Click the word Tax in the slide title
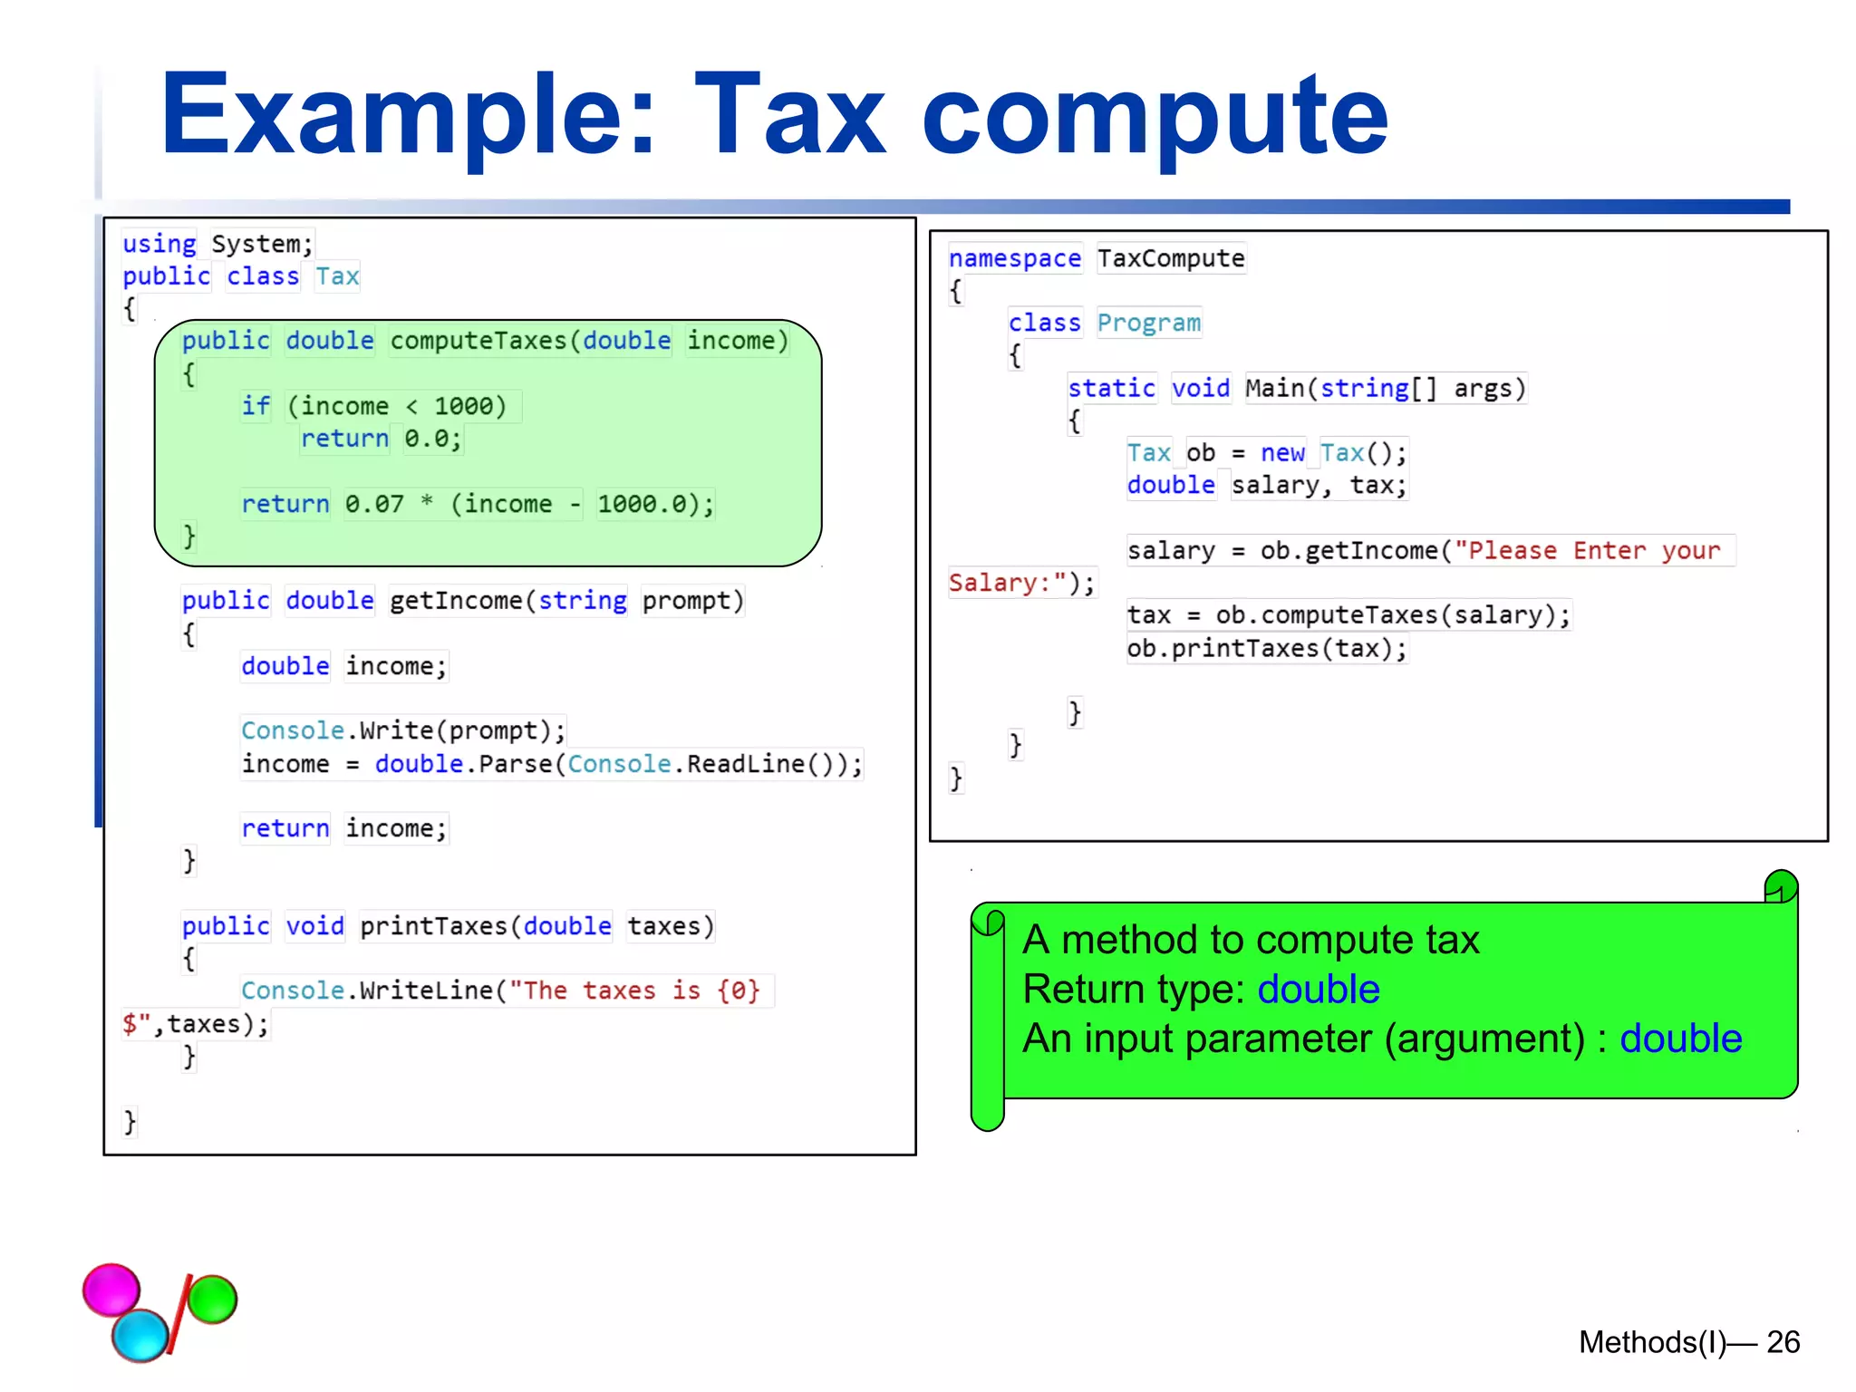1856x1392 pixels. pyautogui.click(x=788, y=116)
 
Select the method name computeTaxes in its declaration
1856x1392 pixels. pyautogui.click(x=478, y=341)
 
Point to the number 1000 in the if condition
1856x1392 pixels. pyautogui.click(x=463, y=406)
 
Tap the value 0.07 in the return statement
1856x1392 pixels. pyautogui.click(x=374, y=504)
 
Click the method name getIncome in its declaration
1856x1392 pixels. pyautogui.click(x=456, y=601)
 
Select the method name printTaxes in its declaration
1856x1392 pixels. pyautogui.click(x=433, y=926)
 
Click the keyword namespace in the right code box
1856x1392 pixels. pyautogui.click(x=1014, y=259)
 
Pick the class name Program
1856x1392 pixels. pyautogui.click(x=1148, y=324)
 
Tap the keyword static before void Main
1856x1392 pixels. pyautogui.click(x=1111, y=389)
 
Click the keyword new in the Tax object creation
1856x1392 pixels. pyautogui.click(x=1282, y=453)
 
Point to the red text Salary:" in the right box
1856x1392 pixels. pyautogui.click(x=1007, y=583)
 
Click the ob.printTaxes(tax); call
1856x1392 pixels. pyautogui.click(x=1267, y=649)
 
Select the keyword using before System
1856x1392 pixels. pyautogui.click(x=159, y=245)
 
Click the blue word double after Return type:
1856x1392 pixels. pyautogui.click(x=1319, y=990)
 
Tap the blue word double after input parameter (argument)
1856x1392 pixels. pyautogui.click(x=1681, y=1039)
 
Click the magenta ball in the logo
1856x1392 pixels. pyautogui.click(x=111, y=1290)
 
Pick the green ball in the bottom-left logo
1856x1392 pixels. pyautogui.click(x=213, y=1299)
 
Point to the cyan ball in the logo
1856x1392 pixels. pyautogui.click(x=140, y=1336)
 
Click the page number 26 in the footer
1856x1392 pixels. pyautogui.click(x=1783, y=1342)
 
